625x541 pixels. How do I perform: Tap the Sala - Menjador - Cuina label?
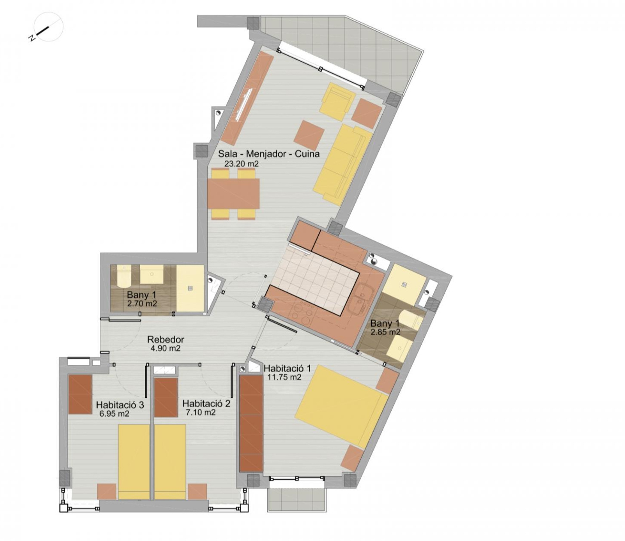269,154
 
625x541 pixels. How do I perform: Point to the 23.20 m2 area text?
241,164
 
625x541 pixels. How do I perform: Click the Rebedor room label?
166,340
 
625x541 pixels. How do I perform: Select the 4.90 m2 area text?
166,348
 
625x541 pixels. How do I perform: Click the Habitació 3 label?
120,405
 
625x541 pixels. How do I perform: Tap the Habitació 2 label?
206,403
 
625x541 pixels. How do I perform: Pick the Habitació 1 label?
287,368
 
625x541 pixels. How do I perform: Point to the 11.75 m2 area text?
284,377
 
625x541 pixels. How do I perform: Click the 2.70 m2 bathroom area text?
142,304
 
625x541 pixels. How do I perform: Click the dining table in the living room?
233,194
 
